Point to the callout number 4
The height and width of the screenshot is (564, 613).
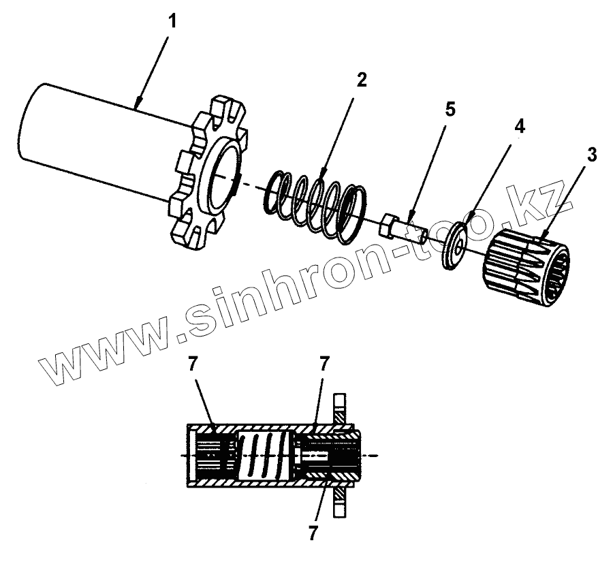click(519, 127)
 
